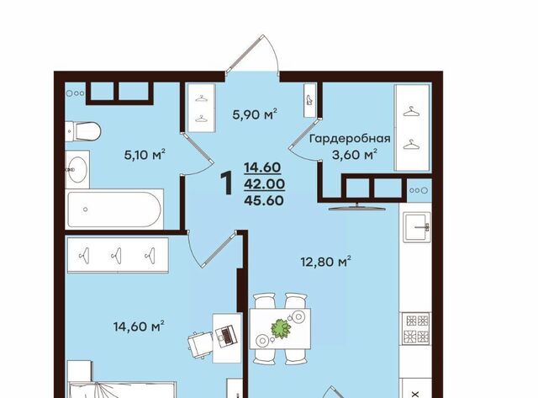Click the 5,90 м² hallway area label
click(255, 114)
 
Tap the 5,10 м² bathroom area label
click(145, 155)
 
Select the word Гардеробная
click(350, 139)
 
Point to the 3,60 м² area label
click(355, 155)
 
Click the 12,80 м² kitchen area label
click(325, 262)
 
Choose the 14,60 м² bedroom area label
click(139, 326)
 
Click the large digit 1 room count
click(226, 183)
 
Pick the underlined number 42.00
click(264, 184)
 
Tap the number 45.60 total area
click(264, 200)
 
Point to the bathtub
click(114, 210)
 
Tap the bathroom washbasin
click(76, 169)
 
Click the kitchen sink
click(417, 226)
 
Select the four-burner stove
click(417, 329)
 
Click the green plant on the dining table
click(281, 329)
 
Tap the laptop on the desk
click(226, 336)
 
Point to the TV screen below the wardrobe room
click(356, 207)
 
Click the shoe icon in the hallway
click(309, 101)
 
